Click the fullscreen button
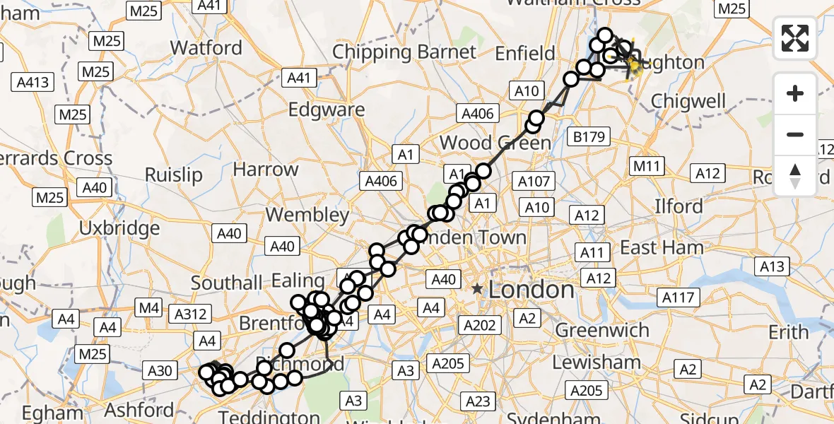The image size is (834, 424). point(795,38)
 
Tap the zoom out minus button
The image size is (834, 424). point(795,134)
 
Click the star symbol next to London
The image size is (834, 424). point(478,289)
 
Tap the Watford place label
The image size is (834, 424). point(206,48)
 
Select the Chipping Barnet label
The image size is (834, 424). point(404,52)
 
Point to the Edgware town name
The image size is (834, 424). point(327,110)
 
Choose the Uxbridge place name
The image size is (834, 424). point(119,228)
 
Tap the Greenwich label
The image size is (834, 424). point(602,330)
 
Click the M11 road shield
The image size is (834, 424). point(646,165)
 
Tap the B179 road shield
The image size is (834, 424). point(589,136)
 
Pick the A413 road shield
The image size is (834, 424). point(33,83)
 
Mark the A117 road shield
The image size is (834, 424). point(677,298)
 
